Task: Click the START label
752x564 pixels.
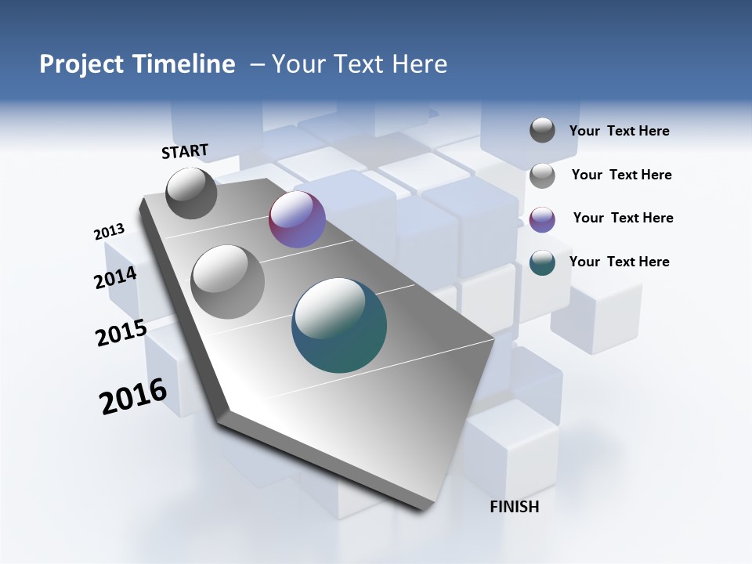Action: [185, 150]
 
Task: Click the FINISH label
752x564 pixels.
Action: [514, 507]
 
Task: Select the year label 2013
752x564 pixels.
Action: [109, 232]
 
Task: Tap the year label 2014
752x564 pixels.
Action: [115, 278]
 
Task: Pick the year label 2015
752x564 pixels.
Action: [121, 333]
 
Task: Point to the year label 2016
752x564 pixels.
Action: [133, 396]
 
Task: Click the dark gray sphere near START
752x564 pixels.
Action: [191, 193]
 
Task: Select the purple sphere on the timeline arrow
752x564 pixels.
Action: [297, 220]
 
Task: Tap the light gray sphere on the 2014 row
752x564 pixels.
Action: [227, 281]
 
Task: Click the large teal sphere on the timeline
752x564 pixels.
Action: [339, 325]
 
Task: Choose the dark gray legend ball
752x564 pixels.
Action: [542, 130]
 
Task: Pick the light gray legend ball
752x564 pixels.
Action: [542, 175]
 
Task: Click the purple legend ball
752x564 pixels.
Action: [542, 219]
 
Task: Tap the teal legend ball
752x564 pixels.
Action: [542, 262]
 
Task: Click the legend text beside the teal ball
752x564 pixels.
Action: [619, 262]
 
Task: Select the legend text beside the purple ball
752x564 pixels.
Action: [623, 218]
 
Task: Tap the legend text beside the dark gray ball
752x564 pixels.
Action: [619, 131]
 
